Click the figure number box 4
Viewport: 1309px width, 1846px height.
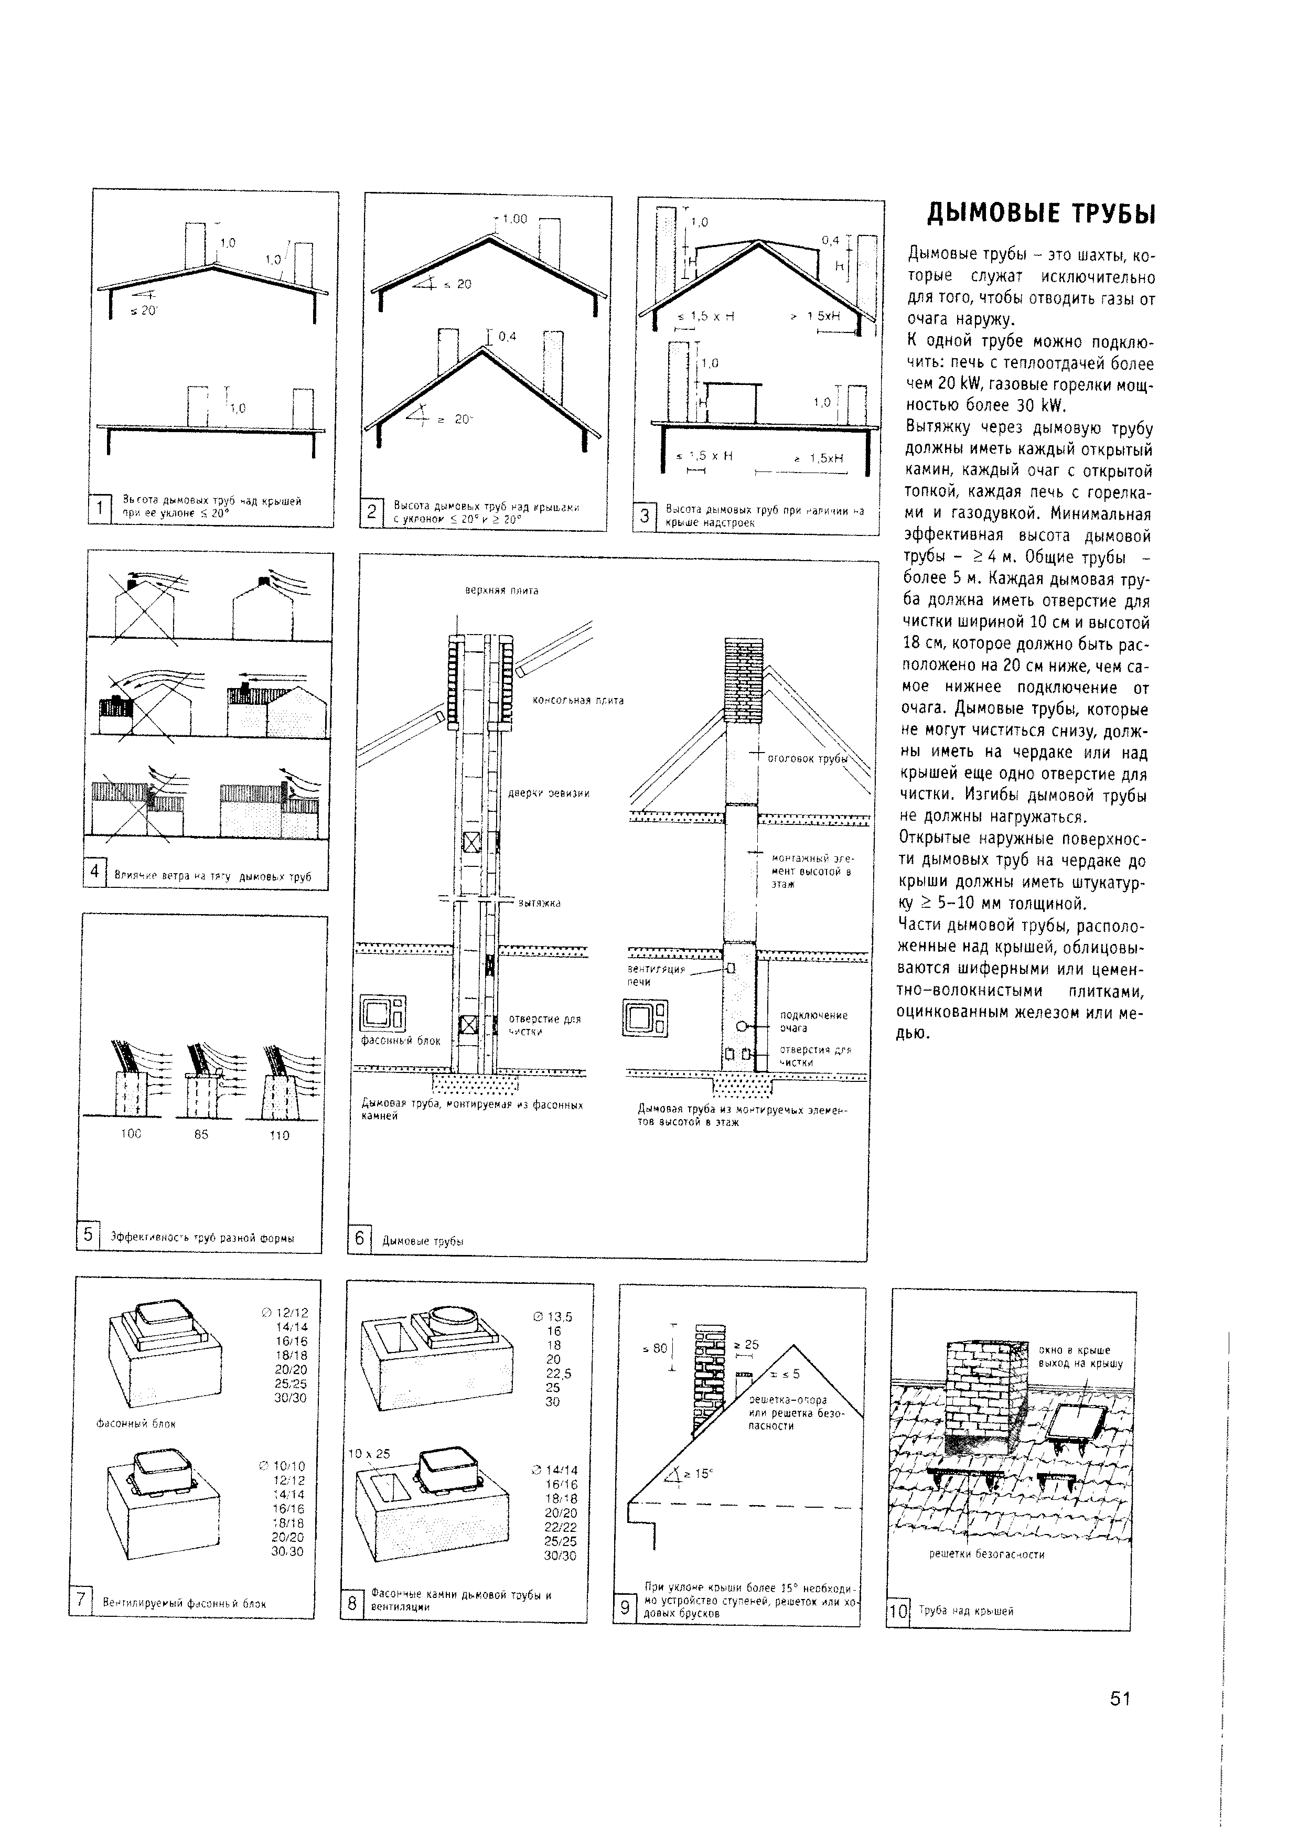pyautogui.click(x=94, y=872)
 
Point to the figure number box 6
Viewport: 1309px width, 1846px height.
pyautogui.click(x=359, y=1238)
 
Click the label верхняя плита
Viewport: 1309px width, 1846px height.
pyautogui.click(x=501, y=591)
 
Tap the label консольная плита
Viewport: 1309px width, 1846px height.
pyautogui.click(x=578, y=701)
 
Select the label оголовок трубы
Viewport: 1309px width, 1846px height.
pyautogui.click(x=807, y=758)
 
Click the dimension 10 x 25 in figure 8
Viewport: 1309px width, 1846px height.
pyautogui.click(x=368, y=1453)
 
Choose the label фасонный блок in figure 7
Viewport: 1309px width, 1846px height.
pyautogui.click(x=135, y=1424)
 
